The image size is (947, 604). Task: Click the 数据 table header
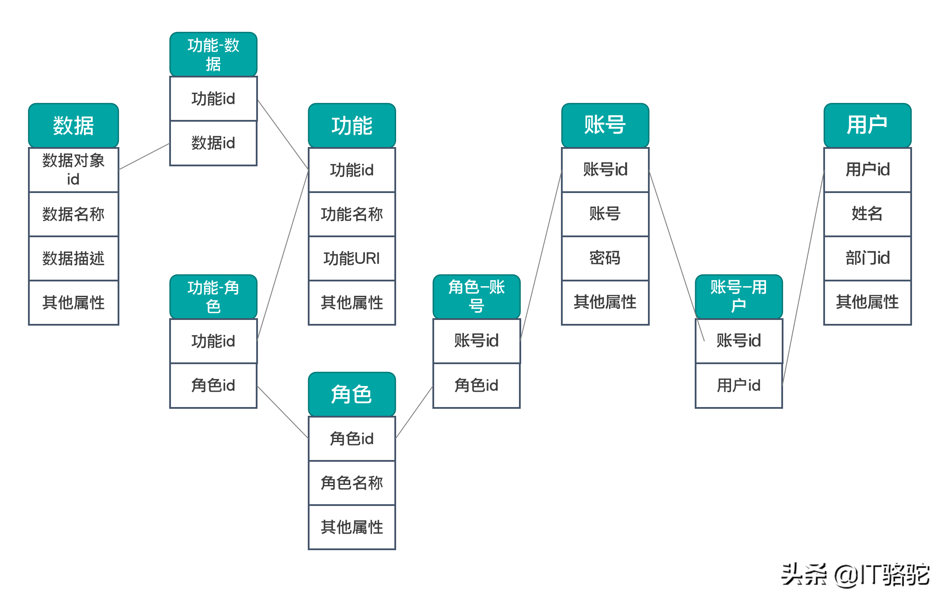(x=73, y=125)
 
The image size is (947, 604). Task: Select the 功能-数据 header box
(x=213, y=54)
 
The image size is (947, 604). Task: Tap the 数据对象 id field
(x=73, y=170)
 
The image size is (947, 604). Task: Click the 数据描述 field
(x=73, y=258)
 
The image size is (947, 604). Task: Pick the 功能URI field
(x=352, y=258)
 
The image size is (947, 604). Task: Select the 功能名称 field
(x=352, y=214)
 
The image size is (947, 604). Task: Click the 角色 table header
(x=352, y=394)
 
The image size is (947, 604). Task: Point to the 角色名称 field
(x=352, y=483)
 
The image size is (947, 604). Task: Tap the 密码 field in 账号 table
(x=605, y=258)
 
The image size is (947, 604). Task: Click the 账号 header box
(x=605, y=125)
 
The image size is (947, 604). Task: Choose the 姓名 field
(x=867, y=214)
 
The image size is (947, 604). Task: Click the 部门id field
(x=867, y=258)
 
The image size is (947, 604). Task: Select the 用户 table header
(x=867, y=125)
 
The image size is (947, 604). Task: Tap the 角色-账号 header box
(x=477, y=296)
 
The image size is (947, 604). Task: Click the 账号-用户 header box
(x=739, y=296)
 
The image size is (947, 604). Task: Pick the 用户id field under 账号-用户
(x=739, y=385)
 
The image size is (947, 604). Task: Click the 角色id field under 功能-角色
(x=213, y=385)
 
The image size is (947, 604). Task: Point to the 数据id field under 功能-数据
(x=213, y=143)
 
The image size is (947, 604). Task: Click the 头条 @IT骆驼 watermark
(x=855, y=575)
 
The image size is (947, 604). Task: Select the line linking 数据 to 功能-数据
(x=144, y=156)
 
